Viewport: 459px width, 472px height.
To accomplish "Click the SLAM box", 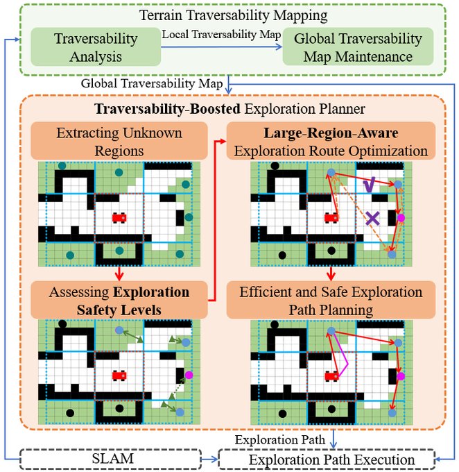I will tap(113, 460).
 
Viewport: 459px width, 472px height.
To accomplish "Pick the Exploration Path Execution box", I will tap(325, 460).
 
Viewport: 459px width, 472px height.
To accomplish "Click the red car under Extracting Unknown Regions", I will tap(120, 218).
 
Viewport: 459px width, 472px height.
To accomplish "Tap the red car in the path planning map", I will tap(331, 376).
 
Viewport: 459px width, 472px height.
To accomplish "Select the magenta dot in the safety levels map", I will tap(189, 375).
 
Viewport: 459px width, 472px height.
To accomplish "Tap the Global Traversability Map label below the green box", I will tap(151, 83).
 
